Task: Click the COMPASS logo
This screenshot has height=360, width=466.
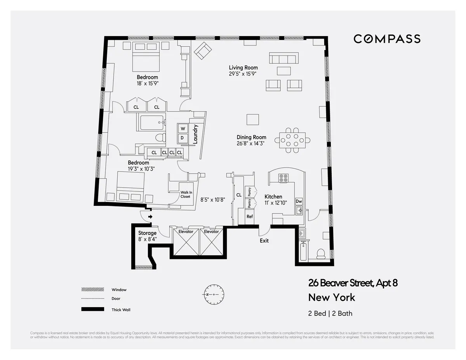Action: tap(387, 39)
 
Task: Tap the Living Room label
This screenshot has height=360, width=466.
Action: tap(243, 68)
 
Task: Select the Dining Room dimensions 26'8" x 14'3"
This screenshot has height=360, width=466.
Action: tap(252, 143)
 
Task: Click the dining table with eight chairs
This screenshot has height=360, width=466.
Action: tap(292, 140)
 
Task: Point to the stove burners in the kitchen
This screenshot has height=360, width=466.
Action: tap(283, 178)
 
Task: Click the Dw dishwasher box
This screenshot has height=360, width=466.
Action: tap(299, 201)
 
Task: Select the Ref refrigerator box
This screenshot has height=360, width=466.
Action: tap(250, 216)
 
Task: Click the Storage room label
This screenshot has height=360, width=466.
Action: tap(147, 233)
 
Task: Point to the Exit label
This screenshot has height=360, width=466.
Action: tap(264, 240)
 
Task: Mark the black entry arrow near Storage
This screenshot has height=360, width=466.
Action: tap(150, 217)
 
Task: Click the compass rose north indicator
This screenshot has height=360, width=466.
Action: tap(213, 295)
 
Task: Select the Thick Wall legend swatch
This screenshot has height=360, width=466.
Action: tap(92, 310)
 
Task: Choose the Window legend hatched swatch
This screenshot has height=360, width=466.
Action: tap(92, 290)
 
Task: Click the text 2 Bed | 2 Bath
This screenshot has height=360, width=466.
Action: tap(330, 313)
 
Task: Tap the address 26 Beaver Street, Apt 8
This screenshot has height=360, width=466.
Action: tap(353, 283)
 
